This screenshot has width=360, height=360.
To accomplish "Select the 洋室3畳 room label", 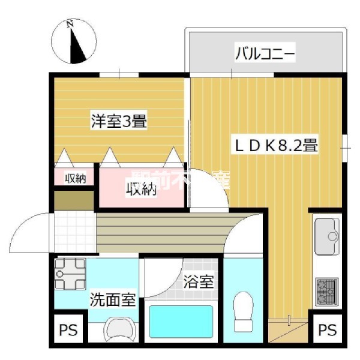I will click(x=119, y=120).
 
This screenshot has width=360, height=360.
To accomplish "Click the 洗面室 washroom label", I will click(x=113, y=299).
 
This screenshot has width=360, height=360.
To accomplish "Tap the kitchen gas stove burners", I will click(x=326, y=290).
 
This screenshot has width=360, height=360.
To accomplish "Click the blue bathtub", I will click(x=181, y=323).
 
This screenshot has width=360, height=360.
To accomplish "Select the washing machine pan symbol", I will click(x=70, y=275).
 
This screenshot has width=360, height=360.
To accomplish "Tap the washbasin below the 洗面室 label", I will click(x=119, y=329).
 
